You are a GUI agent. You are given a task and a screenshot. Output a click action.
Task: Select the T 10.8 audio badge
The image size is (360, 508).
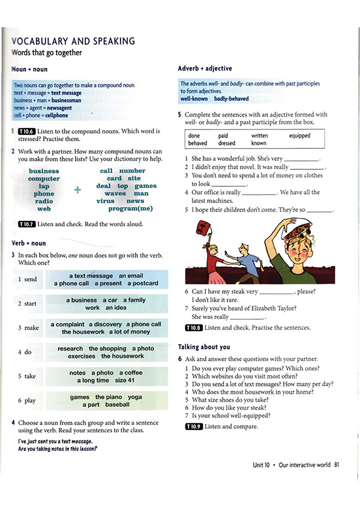click(194, 328)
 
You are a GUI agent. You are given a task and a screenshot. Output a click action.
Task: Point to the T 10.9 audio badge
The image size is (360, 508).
click(194, 426)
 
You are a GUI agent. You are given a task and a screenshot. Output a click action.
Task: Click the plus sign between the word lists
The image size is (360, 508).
click(77, 190)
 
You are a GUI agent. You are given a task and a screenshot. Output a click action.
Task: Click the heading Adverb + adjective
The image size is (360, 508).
click(205, 68)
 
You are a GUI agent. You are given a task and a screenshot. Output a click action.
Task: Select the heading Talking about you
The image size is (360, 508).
click(204, 347)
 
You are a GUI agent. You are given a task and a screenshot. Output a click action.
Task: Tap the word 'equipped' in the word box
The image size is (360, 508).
click(299, 136)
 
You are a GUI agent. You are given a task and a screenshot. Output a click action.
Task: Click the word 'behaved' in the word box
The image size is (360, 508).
click(197, 144)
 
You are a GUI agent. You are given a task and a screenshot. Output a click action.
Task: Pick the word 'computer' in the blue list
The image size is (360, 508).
click(44, 179)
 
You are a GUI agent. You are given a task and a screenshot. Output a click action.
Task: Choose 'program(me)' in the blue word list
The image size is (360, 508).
click(130, 209)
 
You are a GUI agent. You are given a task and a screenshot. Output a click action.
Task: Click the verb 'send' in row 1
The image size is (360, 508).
click(30, 280)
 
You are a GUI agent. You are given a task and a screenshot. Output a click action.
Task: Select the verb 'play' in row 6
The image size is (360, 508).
click(30, 401)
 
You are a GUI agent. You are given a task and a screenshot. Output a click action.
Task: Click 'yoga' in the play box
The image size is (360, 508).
click(134, 397)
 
